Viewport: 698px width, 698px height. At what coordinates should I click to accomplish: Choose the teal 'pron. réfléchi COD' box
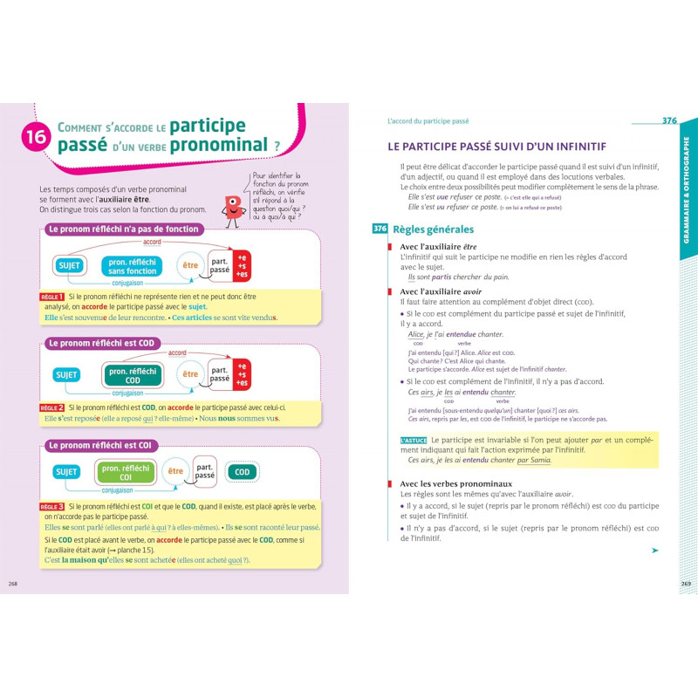[132, 374]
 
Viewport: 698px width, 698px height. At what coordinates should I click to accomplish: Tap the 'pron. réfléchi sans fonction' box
[132, 265]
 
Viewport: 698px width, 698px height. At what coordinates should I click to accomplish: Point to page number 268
[12, 584]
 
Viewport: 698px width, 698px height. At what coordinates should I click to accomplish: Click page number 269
[685, 584]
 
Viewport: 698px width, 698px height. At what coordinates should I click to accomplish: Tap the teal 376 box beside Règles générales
[380, 229]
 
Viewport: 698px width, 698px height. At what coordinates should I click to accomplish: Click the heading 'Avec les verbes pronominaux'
[455, 483]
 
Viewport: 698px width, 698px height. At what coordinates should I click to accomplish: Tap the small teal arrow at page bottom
[654, 551]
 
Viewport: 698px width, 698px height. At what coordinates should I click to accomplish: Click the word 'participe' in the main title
[208, 125]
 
